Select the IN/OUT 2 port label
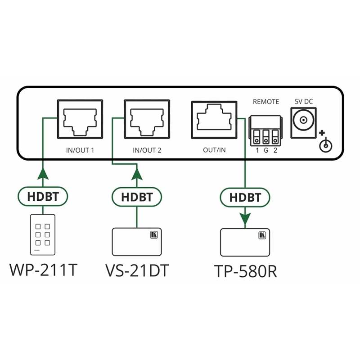147,150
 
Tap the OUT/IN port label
214,150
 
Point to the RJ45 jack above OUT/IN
214,119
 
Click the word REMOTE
266,102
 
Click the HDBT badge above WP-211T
43,196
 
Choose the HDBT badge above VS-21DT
137,197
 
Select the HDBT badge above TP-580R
245,197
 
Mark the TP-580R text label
245,271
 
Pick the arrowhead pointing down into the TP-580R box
245,219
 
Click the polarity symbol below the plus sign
325,146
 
